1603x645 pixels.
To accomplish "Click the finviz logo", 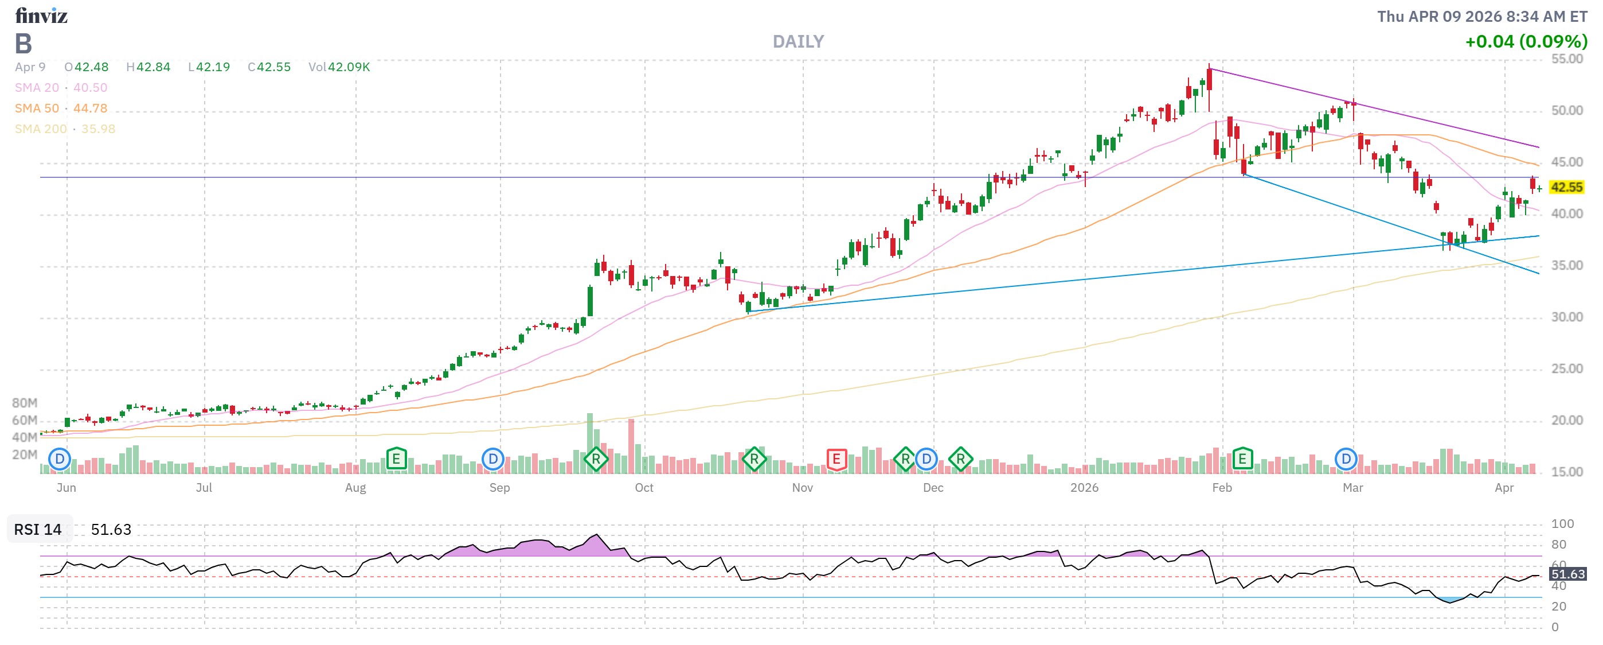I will click(x=41, y=15).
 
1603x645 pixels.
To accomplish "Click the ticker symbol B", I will click(x=23, y=44).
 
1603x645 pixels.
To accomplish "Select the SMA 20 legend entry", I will click(x=61, y=88).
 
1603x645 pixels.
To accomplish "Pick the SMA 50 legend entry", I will click(x=61, y=108).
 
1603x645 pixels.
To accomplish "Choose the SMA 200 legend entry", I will click(x=65, y=129).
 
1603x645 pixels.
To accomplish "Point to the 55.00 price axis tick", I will click(x=1566, y=59).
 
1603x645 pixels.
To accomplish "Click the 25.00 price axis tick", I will click(x=1566, y=368).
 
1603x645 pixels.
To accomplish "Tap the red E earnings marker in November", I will click(x=836, y=460).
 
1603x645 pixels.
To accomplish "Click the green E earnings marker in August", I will click(x=396, y=460).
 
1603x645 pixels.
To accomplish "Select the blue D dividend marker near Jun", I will click(x=60, y=460).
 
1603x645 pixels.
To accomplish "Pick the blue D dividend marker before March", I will click(x=1346, y=460).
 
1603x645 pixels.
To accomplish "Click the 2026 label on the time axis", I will click(x=1084, y=488).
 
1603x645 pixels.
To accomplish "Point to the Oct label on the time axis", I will click(x=644, y=488).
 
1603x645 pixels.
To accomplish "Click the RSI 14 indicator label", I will click(x=38, y=529).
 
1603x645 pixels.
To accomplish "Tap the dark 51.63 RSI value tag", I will click(x=1567, y=573).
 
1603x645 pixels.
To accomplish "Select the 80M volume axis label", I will click(x=25, y=403).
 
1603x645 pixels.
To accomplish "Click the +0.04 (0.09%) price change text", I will click(x=1526, y=42).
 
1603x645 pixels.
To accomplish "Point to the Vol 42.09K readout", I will click(x=339, y=67).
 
